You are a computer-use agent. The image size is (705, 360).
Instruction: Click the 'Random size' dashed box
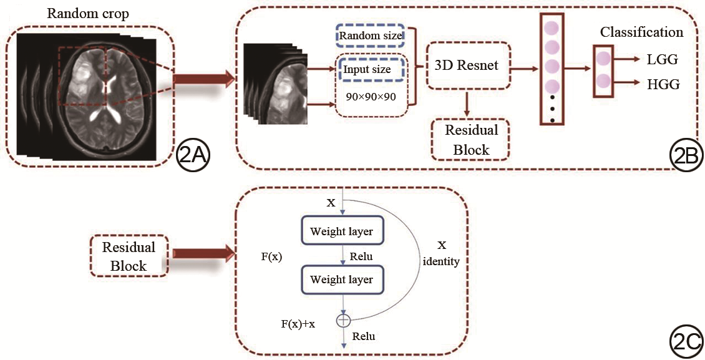point(370,36)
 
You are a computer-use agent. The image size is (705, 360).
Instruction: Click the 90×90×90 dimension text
point(371,98)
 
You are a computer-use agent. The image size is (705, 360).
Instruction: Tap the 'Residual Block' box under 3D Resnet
point(471,140)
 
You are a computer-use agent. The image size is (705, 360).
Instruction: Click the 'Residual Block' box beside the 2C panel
point(129,256)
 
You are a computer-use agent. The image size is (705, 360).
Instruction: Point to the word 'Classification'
point(642,32)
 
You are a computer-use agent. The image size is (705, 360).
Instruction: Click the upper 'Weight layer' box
point(342,231)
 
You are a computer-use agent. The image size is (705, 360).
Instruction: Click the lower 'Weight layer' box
point(342,280)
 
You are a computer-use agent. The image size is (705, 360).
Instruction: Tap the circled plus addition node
point(343,320)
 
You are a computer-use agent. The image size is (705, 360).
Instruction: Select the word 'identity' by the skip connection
point(441,262)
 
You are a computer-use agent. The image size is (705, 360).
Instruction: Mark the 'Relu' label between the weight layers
point(362,256)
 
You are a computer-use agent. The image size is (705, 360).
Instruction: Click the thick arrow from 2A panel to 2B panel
point(203,79)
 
